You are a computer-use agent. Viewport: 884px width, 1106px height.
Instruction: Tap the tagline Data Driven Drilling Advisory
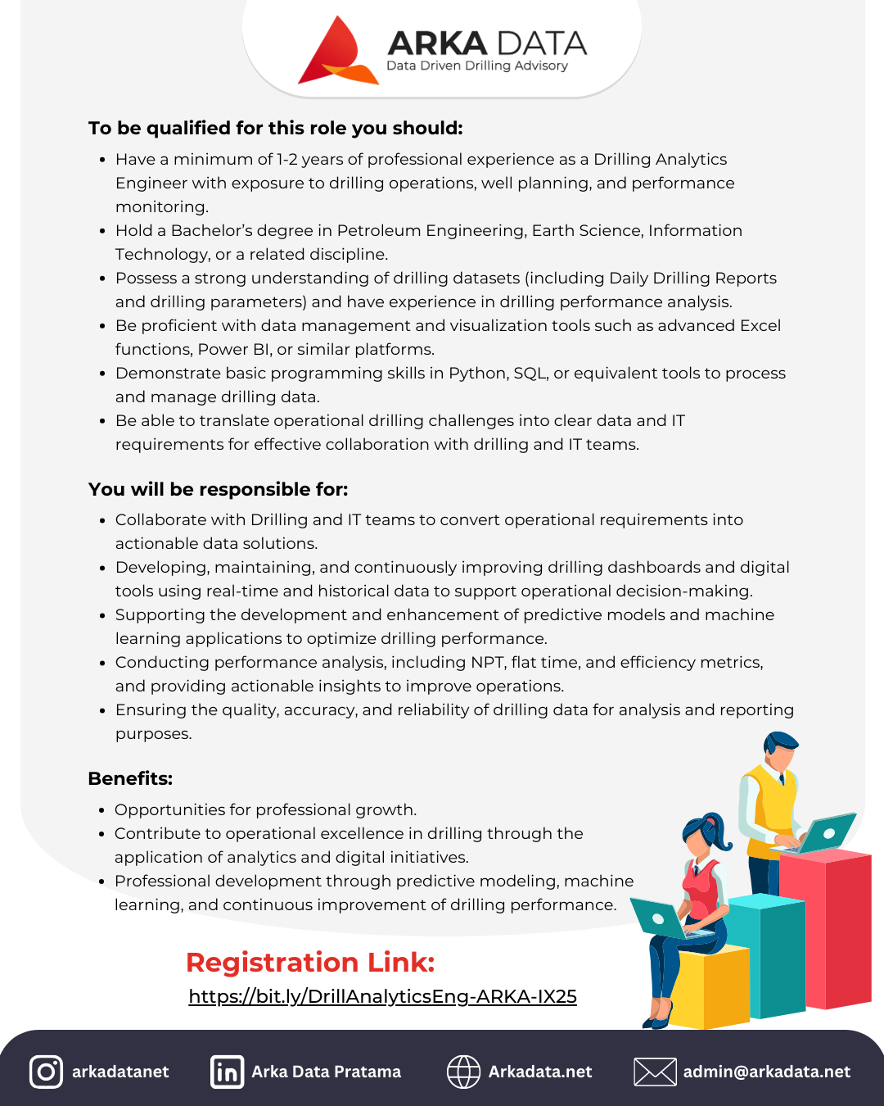477,66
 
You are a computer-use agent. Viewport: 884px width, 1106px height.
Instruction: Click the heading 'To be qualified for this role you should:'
276,129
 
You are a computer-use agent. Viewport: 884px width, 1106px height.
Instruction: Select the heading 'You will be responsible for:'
219,490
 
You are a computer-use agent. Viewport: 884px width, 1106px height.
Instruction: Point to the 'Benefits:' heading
130,779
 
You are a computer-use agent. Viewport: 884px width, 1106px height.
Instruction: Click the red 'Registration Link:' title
310,963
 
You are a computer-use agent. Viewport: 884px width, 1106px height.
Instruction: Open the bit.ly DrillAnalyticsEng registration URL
382,997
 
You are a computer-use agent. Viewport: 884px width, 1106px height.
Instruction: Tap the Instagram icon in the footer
46,1072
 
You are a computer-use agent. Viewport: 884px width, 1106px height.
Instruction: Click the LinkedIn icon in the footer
227,1072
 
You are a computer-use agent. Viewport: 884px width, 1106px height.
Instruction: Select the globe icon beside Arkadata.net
463,1072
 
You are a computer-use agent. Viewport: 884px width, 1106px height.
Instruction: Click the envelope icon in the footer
655,1072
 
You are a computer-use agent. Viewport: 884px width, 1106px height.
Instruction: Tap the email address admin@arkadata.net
767,1072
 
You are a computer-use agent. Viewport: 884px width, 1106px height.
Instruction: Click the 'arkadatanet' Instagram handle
120,1072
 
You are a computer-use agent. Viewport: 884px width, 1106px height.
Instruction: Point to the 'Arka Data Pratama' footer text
326,1072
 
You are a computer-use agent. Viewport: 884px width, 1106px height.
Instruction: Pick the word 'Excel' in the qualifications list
760,326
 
